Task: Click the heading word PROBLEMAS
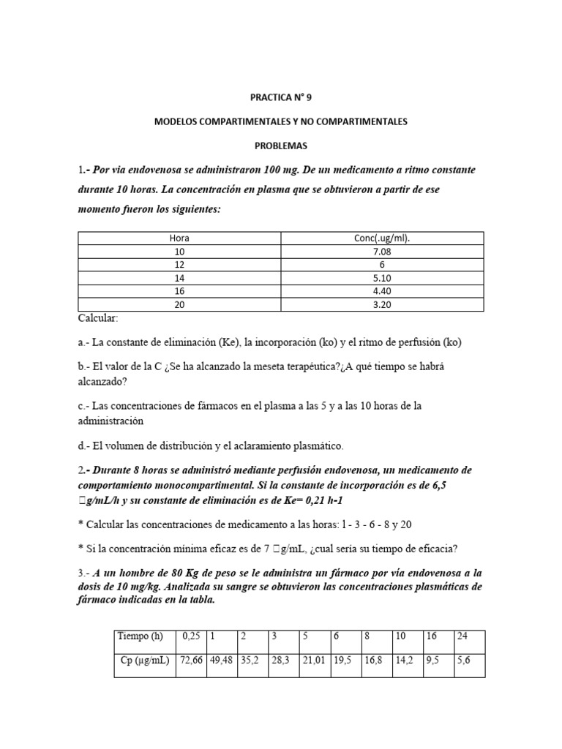281,146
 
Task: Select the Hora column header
179,238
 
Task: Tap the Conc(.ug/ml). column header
382,238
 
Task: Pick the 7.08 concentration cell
382,251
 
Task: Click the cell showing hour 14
179,277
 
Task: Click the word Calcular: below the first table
97,318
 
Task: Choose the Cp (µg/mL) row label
144,660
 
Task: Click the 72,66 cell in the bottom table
190,660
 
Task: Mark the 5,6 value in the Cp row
463,660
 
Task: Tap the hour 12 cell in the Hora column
179,264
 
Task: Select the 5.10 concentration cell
382,277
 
